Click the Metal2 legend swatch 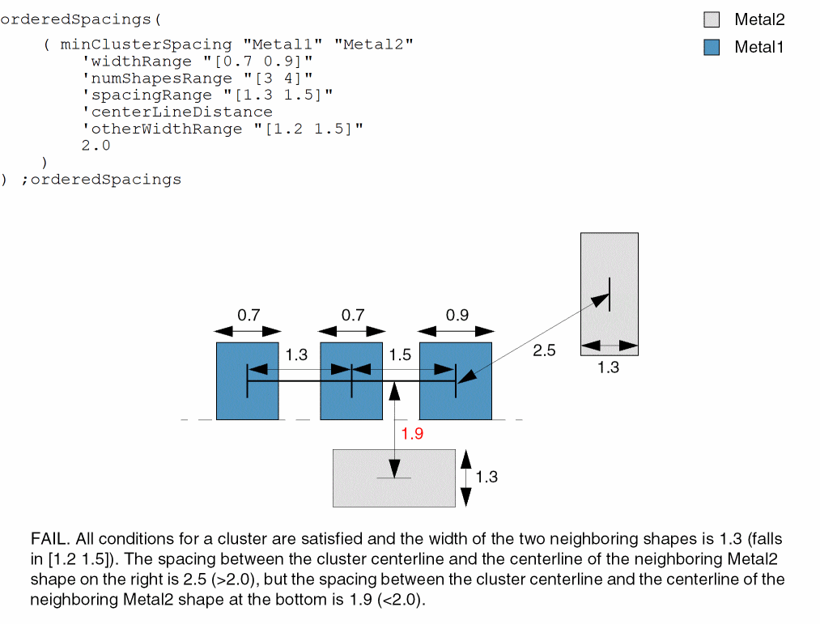point(712,20)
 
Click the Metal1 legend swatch point(712,47)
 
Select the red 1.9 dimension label point(412,434)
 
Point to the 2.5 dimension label point(544,350)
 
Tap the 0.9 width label point(457,316)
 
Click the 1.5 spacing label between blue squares point(400,355)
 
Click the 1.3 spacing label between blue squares point(297,355)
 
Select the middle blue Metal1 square point(351,401)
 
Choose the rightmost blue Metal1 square point(456,401)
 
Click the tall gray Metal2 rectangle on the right point(610,267)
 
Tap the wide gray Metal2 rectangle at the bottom point(394,490)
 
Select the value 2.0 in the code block point(96,146)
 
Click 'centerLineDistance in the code point(177,112)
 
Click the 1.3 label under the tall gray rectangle point(608,367)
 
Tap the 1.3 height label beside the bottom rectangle point(486,477)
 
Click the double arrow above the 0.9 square point(456,331)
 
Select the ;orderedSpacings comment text point(101,179)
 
